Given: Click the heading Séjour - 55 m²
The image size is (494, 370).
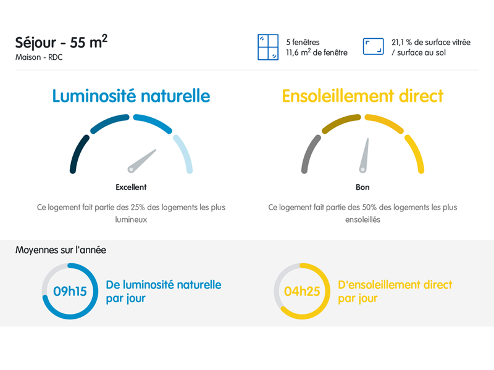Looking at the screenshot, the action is (61, 42).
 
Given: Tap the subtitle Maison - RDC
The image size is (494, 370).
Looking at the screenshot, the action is (39, 57).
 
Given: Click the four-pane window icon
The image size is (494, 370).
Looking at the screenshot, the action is (268, 47).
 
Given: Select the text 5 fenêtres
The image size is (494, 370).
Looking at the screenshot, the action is (303, 42).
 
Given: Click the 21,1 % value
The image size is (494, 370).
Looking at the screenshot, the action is (402, 42).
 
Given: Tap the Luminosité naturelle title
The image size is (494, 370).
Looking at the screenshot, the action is (131, 96).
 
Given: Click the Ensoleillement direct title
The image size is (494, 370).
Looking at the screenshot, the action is (362, 96).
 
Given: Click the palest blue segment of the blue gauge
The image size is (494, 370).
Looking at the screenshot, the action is (185, 153).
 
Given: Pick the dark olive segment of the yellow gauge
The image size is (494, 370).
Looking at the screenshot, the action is (341, 122).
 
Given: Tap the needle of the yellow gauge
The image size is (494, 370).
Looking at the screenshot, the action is (364, 155).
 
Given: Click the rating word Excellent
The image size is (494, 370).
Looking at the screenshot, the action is (131, 187).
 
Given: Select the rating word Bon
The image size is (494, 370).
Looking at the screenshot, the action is (362, 187).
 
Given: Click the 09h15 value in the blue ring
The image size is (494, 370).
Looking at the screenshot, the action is (70, 291).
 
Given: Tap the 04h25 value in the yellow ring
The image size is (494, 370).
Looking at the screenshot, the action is (302, 291).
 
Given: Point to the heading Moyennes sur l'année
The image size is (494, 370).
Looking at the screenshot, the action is (61, 250).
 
